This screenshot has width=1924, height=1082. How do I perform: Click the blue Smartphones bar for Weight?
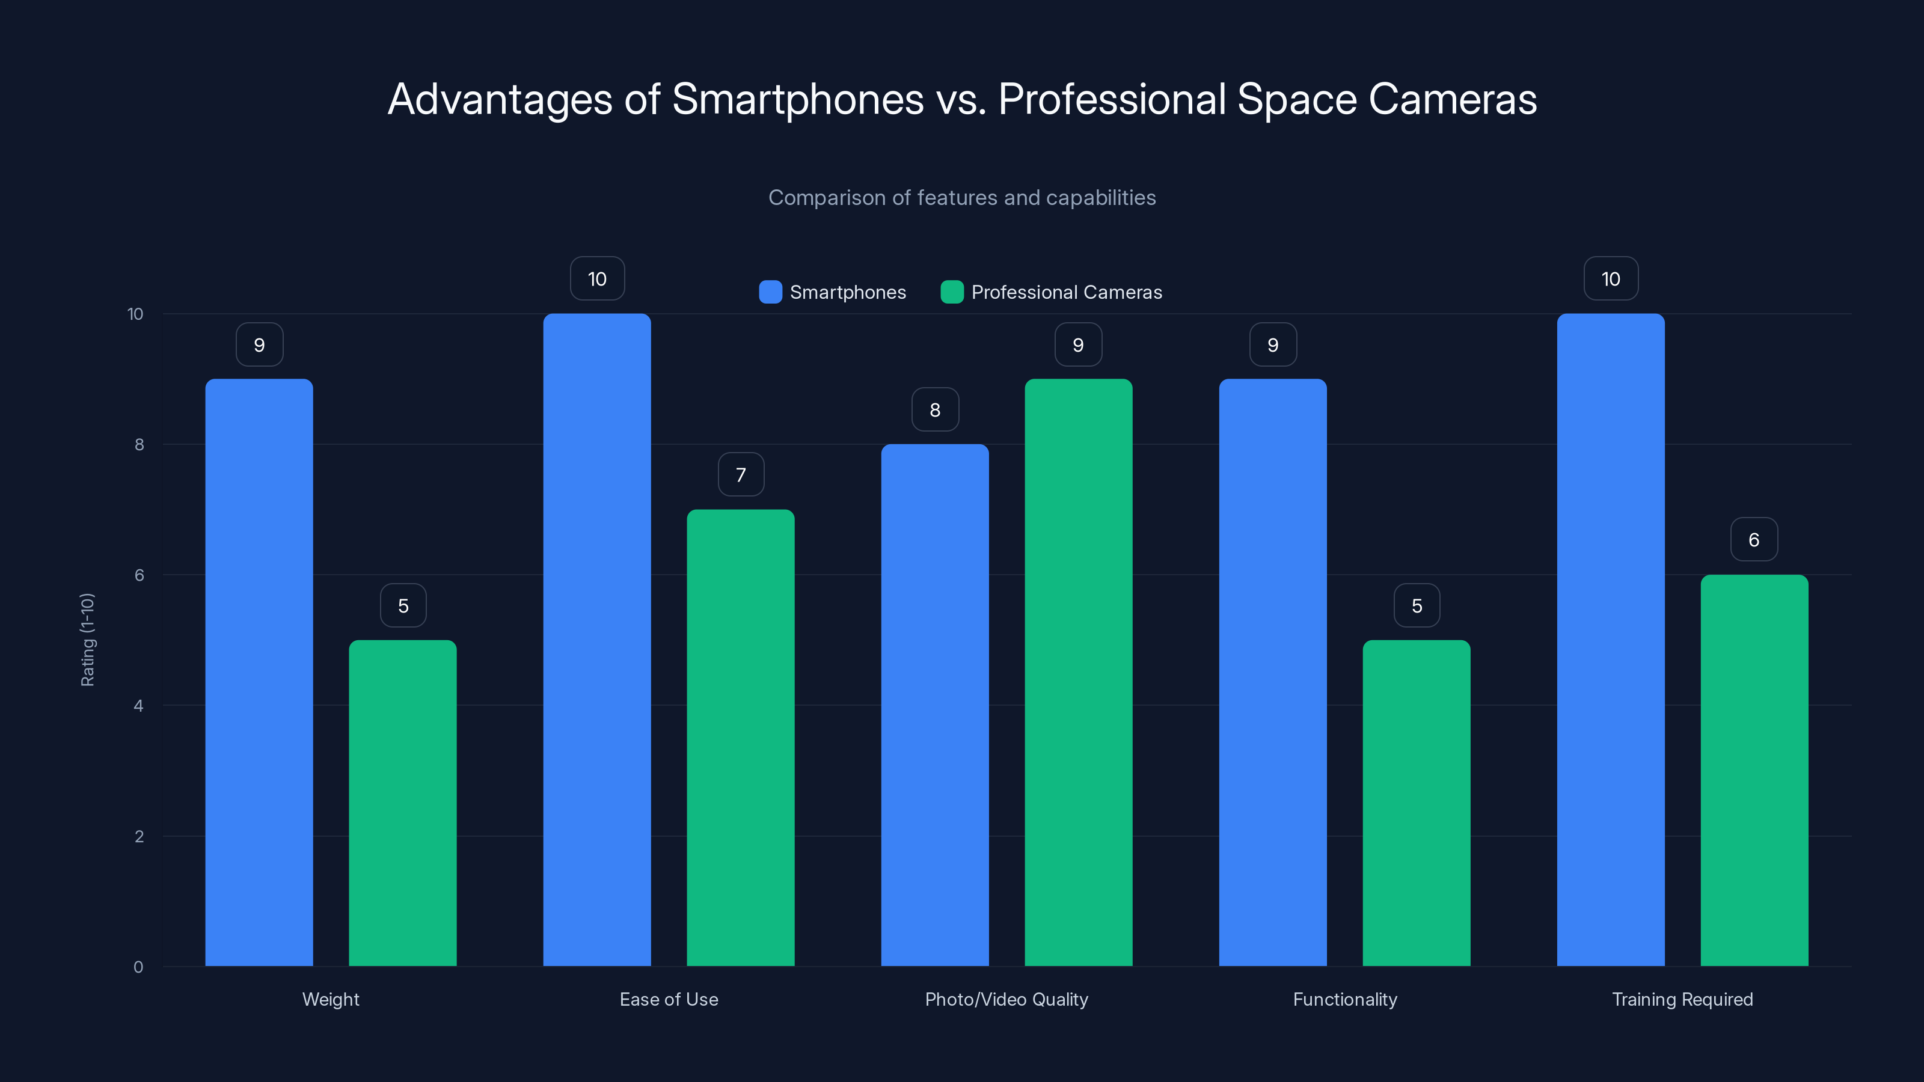259,672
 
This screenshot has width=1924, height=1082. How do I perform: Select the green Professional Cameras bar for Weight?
403,802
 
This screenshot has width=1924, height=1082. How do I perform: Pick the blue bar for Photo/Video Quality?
934,705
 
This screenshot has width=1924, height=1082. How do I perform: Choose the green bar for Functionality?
1416,802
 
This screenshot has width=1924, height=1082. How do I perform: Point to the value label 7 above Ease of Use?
740,475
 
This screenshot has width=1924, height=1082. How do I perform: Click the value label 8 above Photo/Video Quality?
934,410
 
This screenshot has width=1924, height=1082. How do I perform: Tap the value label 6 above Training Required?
1754,540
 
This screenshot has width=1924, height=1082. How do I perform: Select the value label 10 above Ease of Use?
597,280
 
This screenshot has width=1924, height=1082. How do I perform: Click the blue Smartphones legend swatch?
770,292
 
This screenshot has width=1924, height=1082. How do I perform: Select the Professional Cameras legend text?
1066,292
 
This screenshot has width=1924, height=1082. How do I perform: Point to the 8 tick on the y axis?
139,445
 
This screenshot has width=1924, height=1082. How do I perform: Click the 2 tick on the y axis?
139,836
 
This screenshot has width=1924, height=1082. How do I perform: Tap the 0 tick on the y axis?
139,967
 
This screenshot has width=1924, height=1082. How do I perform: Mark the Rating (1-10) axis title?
87,640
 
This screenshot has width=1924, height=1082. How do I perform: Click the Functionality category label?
1344,999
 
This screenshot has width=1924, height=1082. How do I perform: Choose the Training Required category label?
1682,999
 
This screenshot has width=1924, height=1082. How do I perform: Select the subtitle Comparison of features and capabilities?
962,198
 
